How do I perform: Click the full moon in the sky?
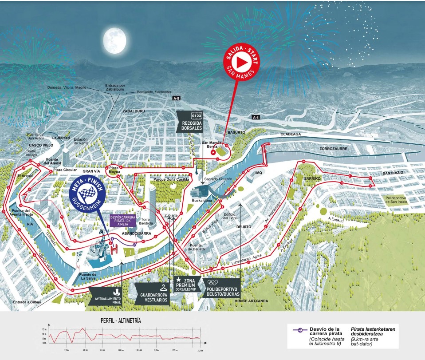[x=114, y=40]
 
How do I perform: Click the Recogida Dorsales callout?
[x=192, y=121]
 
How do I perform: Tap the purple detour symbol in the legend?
[x=297, y=330]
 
